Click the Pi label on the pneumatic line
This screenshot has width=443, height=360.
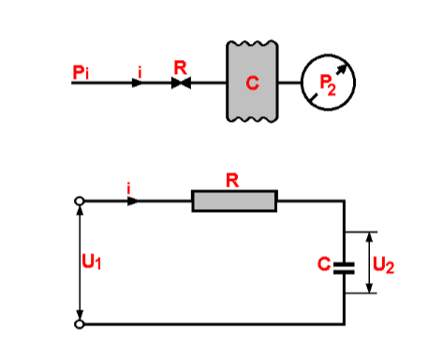click(x=81, y=70)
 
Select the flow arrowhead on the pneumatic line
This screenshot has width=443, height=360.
click(x=138, y=82)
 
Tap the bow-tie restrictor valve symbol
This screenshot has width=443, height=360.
click(x=180, y=82)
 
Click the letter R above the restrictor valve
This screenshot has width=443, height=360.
click(x=180, y=67)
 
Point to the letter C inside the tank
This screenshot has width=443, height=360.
click(x=252, y=83)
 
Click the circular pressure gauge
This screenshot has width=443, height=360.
click(x=328, y=82)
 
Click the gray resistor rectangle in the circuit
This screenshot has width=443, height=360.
click(x=234, y=200)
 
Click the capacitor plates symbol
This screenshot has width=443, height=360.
click(x=344, y=264)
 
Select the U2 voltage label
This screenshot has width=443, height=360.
click(x=383, y=264)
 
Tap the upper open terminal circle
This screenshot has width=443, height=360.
click(x=81, y=201)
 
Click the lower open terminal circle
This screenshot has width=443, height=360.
click(x=81, y=323)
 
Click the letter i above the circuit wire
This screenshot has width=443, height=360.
click(x=130, y=188)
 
